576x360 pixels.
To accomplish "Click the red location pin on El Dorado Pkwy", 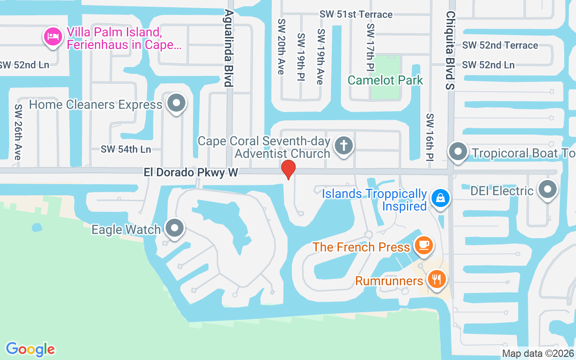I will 288,169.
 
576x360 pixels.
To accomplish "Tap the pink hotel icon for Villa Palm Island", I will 53,36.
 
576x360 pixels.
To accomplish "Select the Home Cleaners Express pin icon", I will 176,103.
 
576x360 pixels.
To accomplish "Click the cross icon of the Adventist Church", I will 344,145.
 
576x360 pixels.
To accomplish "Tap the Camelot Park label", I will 385,81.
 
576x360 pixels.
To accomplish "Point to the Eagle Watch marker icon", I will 175,228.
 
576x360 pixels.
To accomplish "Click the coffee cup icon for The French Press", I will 423,245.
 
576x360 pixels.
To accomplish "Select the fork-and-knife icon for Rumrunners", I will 436,279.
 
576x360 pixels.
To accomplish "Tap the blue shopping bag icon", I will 440,198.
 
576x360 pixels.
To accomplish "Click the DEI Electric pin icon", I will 547,189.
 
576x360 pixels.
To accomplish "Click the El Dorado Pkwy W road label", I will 191,172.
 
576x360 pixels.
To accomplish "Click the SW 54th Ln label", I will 126,149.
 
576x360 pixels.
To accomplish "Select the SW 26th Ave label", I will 18,132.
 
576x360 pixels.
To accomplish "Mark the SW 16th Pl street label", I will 430,137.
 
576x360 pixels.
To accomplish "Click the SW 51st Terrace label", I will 356,14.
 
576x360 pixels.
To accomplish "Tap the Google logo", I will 31,349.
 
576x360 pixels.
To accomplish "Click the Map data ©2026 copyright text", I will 538,353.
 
